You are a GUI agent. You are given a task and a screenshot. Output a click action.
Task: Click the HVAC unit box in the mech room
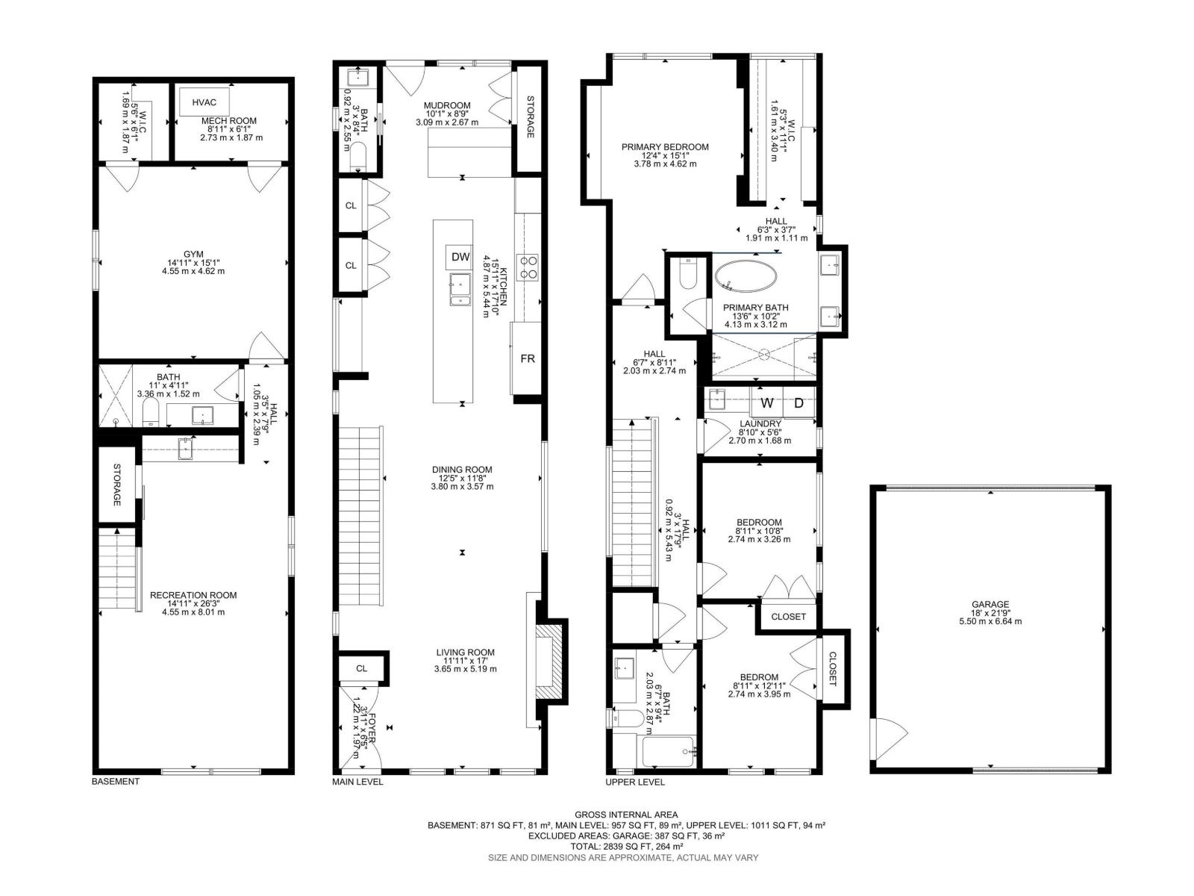(x=204, y=102)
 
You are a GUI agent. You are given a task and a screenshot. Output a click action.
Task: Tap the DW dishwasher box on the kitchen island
(x=460, y=257)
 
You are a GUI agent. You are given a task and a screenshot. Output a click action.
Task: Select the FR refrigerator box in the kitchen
(x=527, y=358)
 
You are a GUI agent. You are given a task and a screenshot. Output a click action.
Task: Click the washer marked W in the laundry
(x=767, y=403)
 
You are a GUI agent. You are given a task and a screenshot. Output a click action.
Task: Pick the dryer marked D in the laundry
(x=798, y=403)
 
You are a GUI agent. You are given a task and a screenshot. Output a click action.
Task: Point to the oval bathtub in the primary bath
(x=746, y=278)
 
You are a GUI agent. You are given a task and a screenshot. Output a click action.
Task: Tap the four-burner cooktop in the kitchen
(x=527, y=267)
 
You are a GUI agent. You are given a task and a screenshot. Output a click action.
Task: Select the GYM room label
(x=193, y=254)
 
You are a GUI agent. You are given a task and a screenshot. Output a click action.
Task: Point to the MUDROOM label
(x=447, y=105)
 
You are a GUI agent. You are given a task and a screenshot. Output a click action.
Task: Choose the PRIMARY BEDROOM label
(x=665, y=147)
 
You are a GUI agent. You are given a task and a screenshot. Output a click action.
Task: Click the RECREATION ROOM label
(x=193, y=595)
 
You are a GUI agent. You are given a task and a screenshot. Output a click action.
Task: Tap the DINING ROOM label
(x=462, y=470)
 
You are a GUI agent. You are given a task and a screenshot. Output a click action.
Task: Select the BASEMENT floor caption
(x=116, y=782)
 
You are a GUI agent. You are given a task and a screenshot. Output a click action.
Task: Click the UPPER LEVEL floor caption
(x=635, y=783)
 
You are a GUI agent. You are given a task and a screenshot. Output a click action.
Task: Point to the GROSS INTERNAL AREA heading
(x=626, y=815)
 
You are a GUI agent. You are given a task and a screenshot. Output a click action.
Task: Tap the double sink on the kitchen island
(x=460, y=290)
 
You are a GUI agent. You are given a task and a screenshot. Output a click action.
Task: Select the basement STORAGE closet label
(x=116, y=485)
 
